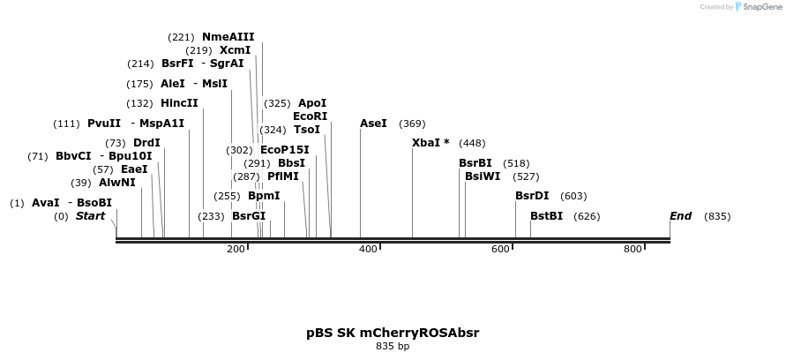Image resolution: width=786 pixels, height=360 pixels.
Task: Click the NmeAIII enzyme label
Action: [228, 37]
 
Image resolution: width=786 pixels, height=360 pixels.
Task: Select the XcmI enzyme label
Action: [235, 50]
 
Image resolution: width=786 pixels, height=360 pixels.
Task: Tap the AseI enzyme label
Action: [373, 124]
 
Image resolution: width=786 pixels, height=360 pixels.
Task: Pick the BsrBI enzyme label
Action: [475, 163]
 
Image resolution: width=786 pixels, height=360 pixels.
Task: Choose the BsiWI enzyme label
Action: [483, 176]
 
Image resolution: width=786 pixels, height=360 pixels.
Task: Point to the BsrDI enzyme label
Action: [532, 196]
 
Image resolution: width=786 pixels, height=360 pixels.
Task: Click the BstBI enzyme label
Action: [546, 216]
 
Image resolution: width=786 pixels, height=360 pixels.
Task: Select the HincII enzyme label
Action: [179, 103]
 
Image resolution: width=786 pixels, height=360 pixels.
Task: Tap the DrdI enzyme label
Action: [146, 143]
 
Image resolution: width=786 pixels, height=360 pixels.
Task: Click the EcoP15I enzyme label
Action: [285, 150]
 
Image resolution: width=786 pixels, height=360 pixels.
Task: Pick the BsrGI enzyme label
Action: [249, 216]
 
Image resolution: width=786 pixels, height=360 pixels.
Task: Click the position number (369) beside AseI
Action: [412, 124]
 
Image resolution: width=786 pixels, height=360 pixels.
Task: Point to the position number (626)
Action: [587, 216]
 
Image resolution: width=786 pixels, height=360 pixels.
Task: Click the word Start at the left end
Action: [90, 216]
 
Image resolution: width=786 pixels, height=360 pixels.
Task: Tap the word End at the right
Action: [680, 216]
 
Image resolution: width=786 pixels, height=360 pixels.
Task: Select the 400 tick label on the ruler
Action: [368, 250]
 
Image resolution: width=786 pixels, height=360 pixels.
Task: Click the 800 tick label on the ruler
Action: [633, 250]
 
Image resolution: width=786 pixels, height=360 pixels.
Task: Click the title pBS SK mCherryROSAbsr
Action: [393, 333]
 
